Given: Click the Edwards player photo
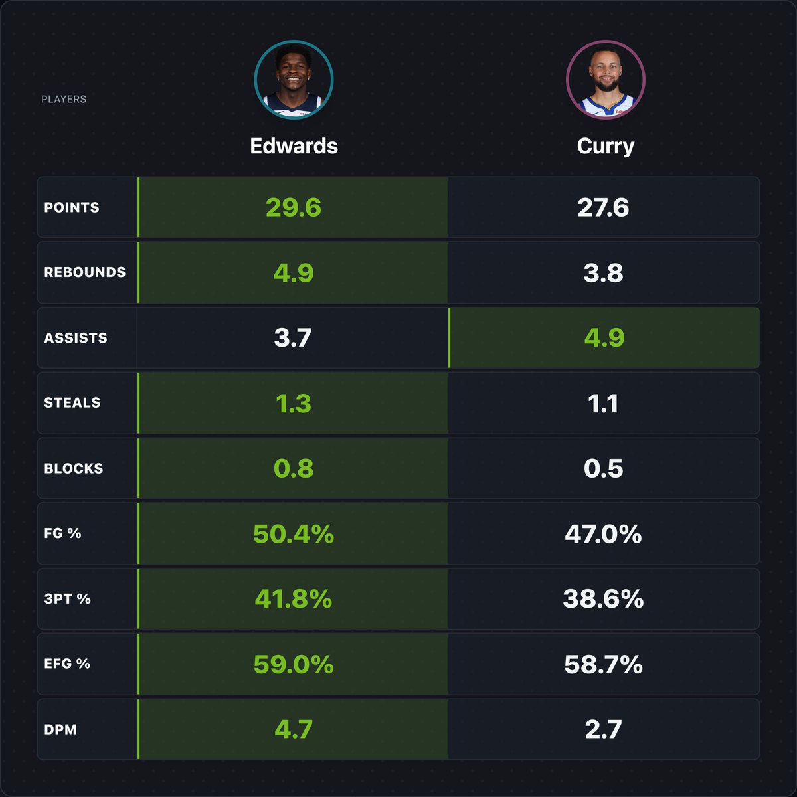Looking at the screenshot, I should click(x=294, y=80).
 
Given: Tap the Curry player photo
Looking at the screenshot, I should click(x=605, y=80).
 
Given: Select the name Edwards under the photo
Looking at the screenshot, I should click(x=294, y=146).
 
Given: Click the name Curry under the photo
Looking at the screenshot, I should click(x=605, y=146).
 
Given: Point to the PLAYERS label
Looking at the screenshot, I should click(x=64, y=99).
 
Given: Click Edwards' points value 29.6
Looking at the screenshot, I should click(x=294, y=207).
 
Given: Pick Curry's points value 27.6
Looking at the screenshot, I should click(x=603, y=207).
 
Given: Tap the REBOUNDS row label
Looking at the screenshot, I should click(x=84, y=272).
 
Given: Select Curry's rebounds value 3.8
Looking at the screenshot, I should click(x=603, y=272).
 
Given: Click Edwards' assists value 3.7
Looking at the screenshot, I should click(x=293, y=337).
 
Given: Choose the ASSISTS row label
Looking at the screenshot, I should click(x=76, y=337).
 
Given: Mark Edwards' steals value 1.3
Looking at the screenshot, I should click(x=294, y=403).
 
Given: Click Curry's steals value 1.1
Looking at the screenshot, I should click(x=603, y=403).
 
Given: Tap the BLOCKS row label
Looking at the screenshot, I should click(x=73, y=468).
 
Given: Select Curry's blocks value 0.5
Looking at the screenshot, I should click(x=603, y=468).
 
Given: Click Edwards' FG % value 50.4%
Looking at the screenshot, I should click(x=294, y=533).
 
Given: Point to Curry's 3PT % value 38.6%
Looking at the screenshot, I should click(x=603, y=599).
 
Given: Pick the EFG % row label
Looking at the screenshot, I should click(x=67, y=664).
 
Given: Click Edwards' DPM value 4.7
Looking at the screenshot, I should click(x=294, y=729).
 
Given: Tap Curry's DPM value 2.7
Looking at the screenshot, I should click(x=603, y=729).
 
